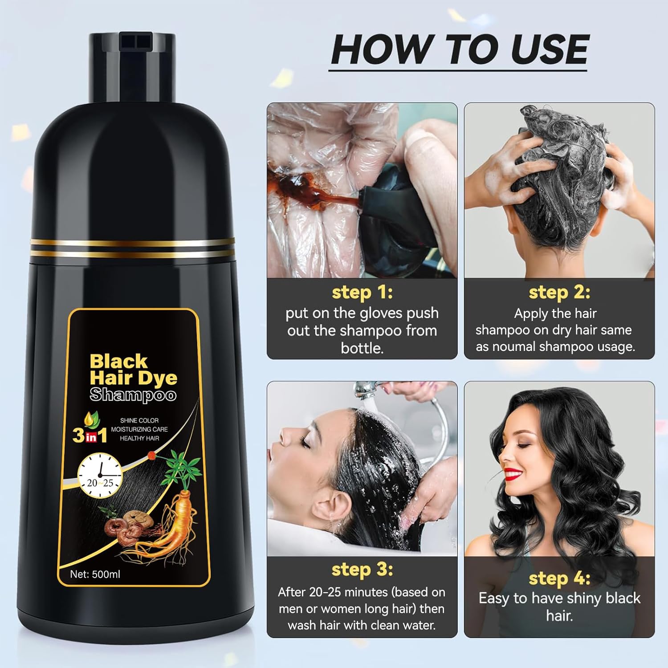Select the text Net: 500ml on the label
coord(95,574)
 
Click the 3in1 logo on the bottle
coord(90,435)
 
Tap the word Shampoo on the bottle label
coord(133,395)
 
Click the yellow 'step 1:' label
coord(362,293)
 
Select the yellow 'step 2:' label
coord(559,293)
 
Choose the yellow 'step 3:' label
coord(362,570)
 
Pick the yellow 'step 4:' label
coord(559,578)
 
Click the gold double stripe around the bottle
coord(132,247)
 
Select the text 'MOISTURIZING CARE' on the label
coord(139,429)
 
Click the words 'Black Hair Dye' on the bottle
coord(133,369)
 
